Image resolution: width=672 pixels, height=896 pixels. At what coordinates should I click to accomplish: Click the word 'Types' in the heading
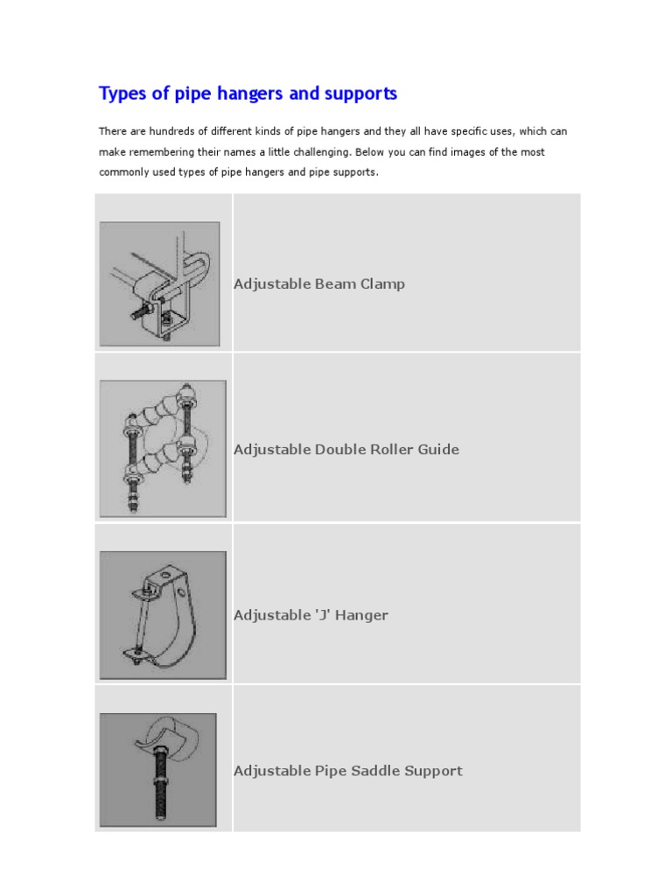(x=120, y=94)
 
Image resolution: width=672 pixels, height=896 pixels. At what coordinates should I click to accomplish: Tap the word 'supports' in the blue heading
(x=360, y=94)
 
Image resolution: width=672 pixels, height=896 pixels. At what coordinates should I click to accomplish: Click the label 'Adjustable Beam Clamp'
(x=318, y=284)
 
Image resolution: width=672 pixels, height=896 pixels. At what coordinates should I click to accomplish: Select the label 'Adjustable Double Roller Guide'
(x=346, y=450)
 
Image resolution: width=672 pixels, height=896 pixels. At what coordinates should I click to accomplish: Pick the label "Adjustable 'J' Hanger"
(x=311, y=615)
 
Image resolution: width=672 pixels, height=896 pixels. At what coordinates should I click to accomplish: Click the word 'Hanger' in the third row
(x=361, y=615)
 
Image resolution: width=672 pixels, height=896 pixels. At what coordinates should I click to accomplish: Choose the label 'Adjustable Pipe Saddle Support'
(x=347, y=771)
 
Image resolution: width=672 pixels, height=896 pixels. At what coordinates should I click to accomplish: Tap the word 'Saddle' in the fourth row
(x=373, y=771)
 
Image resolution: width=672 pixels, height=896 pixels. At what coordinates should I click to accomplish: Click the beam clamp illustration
(x=159, y=283)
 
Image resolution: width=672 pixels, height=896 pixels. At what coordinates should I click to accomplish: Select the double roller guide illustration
(x=163, y=448)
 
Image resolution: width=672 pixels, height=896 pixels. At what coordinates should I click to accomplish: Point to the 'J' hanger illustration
(x=163, y=614)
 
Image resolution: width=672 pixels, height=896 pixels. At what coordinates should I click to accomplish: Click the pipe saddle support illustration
(x=157, y=770)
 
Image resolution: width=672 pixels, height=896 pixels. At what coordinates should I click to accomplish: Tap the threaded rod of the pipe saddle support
(x=161, y=787)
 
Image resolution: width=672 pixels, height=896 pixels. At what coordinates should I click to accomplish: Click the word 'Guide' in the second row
(x=437, y=450)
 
